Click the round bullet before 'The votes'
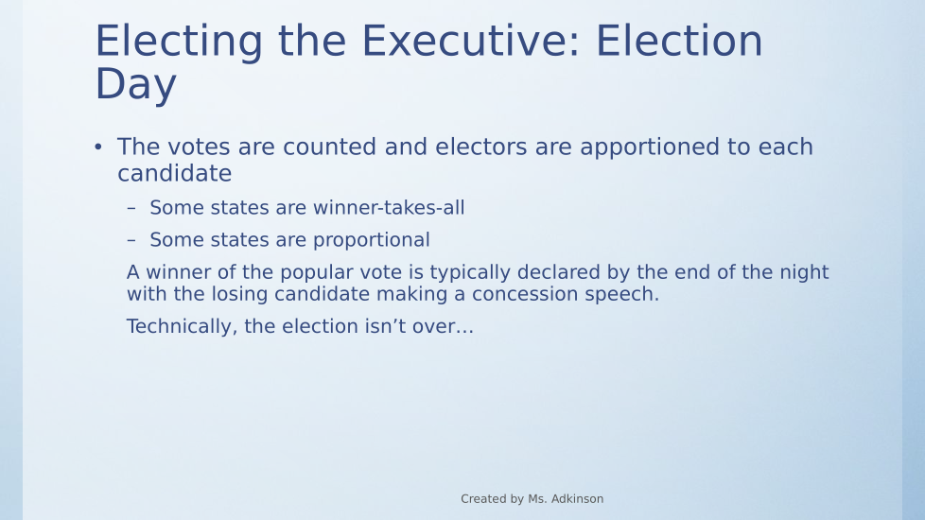pyautogui.click(x=98, y=147)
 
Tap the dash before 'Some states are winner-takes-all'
pyautogui.click(x=131, y=208)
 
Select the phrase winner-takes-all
pyautogui.click(x=389, y=208)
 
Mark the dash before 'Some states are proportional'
pyautogui.click(x=131, y=240)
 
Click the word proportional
pyautogui.click(x=371, y=240)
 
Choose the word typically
pyautogui.click(x=470, y=273)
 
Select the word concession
pyautogui.click(x=525, y=294)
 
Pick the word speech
pyautogui.click(x=621, y=295)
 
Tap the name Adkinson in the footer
pyautogui.click(x=576, y=499)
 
